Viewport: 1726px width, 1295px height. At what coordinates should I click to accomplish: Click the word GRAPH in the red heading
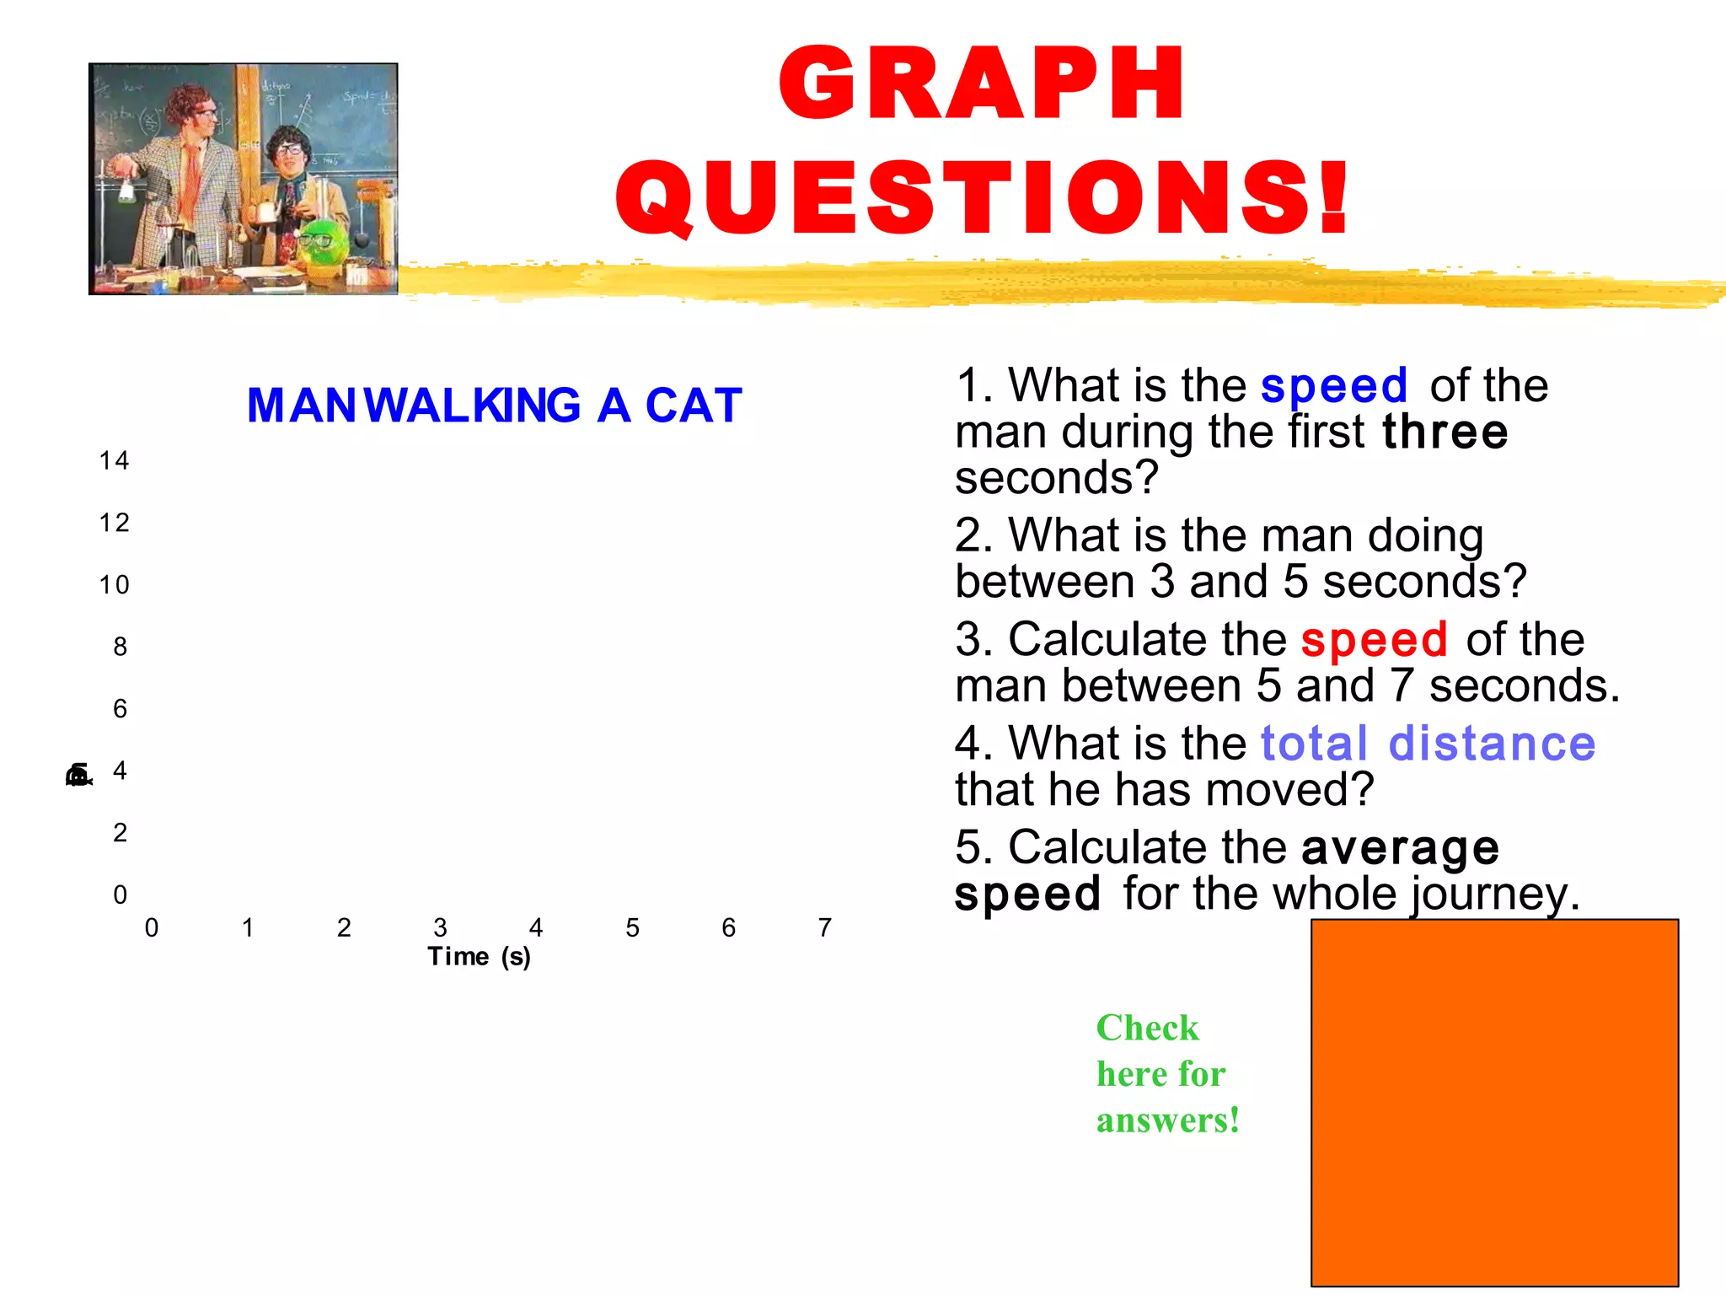point(982,84)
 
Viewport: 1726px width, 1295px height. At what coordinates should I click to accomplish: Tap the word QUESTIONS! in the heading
point(983,197)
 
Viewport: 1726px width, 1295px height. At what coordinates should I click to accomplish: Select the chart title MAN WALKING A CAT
point(495,406)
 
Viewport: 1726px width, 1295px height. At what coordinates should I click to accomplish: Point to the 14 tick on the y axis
point(114,460)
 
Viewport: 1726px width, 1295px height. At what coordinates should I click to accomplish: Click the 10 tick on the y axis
point(114,584)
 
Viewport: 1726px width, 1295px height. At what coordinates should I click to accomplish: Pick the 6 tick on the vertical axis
point(120,708)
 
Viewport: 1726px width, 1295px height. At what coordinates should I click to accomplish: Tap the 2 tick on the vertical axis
point(120,832)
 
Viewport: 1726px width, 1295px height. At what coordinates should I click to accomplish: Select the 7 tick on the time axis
point(825,927)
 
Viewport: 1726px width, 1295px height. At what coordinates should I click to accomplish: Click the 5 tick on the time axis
point(632,927)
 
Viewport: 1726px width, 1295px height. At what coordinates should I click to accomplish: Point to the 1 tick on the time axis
point(248,927)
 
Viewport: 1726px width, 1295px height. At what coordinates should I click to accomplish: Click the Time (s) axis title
point(479,957)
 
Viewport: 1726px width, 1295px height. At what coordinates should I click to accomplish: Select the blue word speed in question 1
point(1333,386)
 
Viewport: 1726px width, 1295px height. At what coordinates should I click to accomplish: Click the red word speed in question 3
point(1374,639)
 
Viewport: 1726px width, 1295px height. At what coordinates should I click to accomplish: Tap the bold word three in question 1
point(1445,432)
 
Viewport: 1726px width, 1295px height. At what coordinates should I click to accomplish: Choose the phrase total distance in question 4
point(1428,744)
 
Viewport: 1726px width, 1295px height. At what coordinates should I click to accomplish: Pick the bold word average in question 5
point(1400,847)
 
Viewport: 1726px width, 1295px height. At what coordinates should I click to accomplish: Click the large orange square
point(1494,1102)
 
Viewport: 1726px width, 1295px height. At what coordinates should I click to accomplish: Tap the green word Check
point(1147,1028)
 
